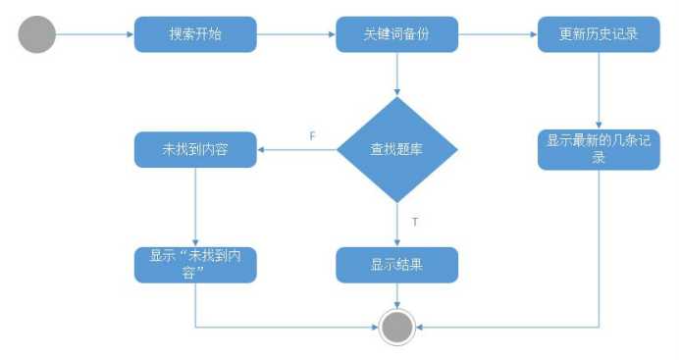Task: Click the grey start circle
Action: coord(37,35)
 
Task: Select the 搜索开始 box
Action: coord(195,35)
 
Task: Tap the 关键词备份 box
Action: coord(396,35)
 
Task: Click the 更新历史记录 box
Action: coord(599,35)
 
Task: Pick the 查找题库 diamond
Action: coord(396,150)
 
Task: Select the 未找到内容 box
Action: coord(195,150)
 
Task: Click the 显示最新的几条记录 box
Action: coord(599,149)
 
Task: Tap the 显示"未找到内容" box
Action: coord(195,264)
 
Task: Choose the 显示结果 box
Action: coord(396,264)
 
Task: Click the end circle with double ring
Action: coord(396,327)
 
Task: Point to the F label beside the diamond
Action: coord(312,136)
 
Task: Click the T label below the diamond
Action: coord(415,222)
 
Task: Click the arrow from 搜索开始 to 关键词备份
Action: coord(296,35)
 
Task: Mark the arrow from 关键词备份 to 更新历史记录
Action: coord(497,35)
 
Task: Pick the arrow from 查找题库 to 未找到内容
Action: coord(297,150)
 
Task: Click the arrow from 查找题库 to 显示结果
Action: coord(396,224)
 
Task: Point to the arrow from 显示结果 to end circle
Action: coord(396,295)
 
